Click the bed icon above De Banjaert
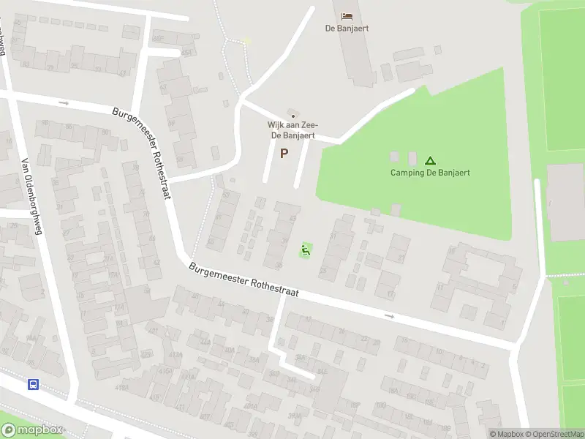(x=347, y=16)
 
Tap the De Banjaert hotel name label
(x=347, y=29)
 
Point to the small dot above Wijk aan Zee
(x=293, y=116)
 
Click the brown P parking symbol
(x=284, y=153)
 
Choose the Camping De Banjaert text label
(x=430, y=173)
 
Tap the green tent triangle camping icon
(x=430, y=160)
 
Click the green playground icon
(x=306, y=250)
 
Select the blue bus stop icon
(x=33, y=384)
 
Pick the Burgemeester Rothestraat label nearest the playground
(x=244, y=279)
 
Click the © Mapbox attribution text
(x=505, y=434)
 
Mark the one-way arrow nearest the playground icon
(x=389, y=316)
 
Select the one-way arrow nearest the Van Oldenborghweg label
(x=64, y=103)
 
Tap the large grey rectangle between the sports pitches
(x=565, y=202)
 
